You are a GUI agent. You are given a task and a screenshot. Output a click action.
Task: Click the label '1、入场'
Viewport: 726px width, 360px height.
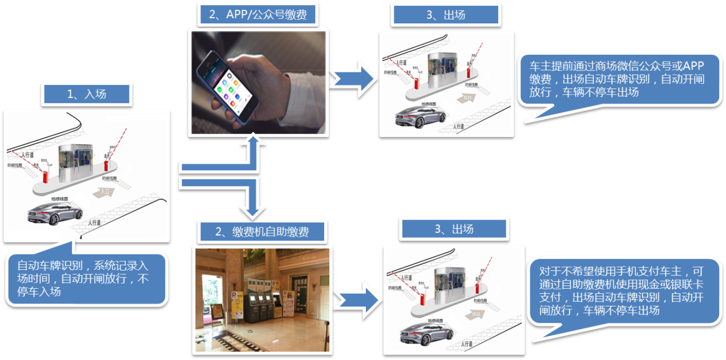pos(87,94)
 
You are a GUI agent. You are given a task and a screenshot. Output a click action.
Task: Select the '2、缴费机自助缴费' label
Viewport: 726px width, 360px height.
pos(262,232)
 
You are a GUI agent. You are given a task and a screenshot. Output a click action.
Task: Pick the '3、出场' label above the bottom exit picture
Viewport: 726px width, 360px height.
pos(454,229)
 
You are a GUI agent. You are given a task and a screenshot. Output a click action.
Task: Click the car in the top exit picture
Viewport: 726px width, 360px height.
pos(421,116)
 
